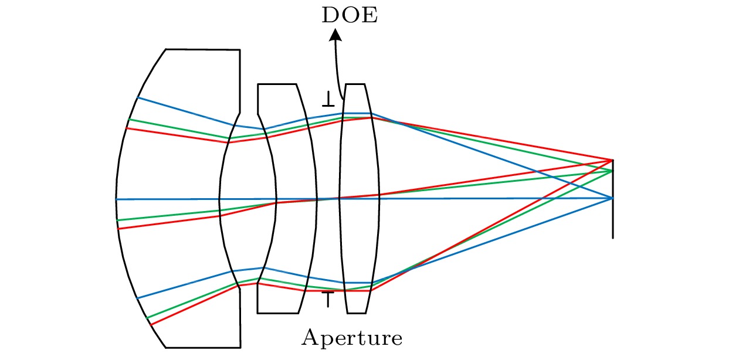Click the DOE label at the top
tap(350, 15)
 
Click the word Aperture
tap(352, 338)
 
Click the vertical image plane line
tap(613, 223)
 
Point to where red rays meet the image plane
tap(613, 160)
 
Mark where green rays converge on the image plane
tap(613, 171)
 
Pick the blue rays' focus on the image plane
tap(613, 198)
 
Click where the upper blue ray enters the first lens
tap(137, 97)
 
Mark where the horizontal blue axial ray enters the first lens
tap(116, 199)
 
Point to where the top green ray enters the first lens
tap(128, 120)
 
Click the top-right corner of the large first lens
tap(239, 50)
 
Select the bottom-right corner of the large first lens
tap(240, 347)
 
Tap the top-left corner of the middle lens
tap(258, 85)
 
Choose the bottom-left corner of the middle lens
tap(258, 313)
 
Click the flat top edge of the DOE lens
tap(355, 84)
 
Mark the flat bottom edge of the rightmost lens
tap(358, 313)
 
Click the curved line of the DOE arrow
tap(337, 70)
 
